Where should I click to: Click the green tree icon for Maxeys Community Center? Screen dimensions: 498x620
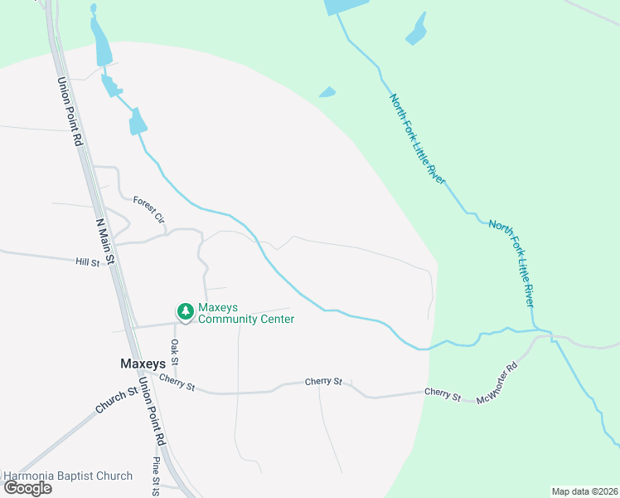(x=185, y=311)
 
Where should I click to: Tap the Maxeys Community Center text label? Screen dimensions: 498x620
(x=246, y=313)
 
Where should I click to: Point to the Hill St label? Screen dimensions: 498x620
(x=87, y=262)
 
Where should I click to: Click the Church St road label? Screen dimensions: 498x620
(x=115, y=401)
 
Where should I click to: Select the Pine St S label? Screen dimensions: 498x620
(x=155, y=476)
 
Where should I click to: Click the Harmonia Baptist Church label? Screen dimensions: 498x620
(x=68, y=476)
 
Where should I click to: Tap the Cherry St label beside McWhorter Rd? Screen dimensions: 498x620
(x=442, y=393)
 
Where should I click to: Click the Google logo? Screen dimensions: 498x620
(x=27, y=487)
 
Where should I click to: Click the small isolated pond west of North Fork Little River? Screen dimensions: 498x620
(x=327, y=92)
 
